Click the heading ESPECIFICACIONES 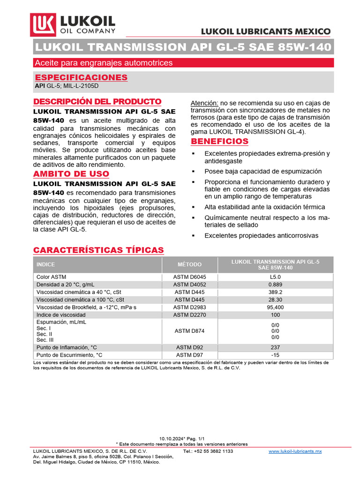tap(81, 77)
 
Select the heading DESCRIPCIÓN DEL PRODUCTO tap(97, 102)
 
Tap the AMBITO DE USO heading tap(71, 174)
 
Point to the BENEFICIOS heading tap(219, 142)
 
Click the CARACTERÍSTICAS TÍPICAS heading tap(98, 250)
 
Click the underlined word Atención tap(204, 103)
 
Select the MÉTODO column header tap(190, 264)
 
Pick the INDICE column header tap(45, 264)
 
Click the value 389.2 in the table tap(275, 292)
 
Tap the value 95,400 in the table tap(275, 307)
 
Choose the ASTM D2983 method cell tap(190, 307)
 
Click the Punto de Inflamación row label tap(67, 347)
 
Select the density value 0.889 tap(275, 285)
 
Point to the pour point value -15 tap(275, 355)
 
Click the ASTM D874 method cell tap(190, 331)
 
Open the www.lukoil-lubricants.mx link tap(295, 451)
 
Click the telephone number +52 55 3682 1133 tap(208, 451)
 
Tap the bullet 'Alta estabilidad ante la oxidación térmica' tap(264, 207)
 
